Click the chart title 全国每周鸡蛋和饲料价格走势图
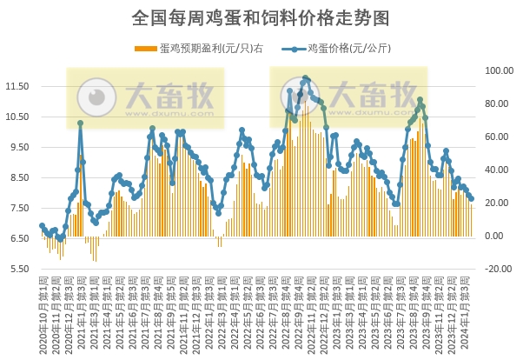point(261,17)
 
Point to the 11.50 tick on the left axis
point(17,86)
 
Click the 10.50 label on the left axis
point(17,117)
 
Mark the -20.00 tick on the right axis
point(499,269)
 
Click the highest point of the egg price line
point(305,79)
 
